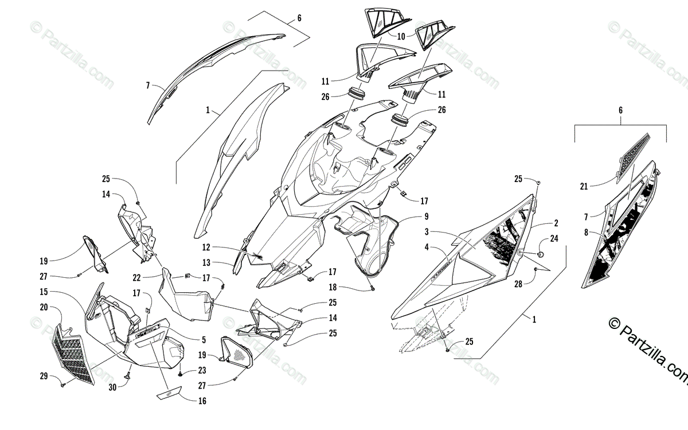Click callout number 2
[x=556, y=222]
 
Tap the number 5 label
[x=203, y=340]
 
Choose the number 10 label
[x=401, y=36]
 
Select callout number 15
[x=44, y=292]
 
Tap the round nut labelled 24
[x=540, y=253]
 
